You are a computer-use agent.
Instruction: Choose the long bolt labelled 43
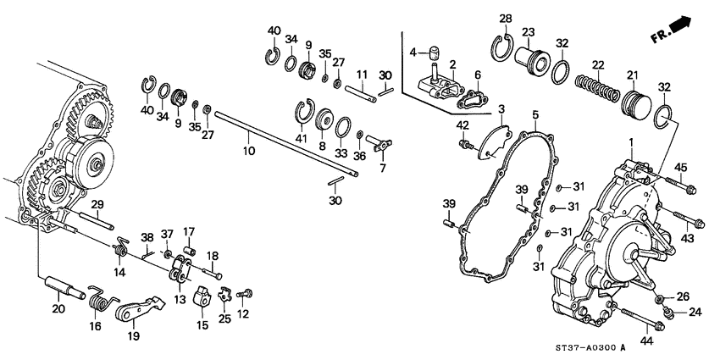[x=678, y=221]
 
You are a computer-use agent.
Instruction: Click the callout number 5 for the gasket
[x=534, y=114]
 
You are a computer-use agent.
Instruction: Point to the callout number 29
[x=97, y=205]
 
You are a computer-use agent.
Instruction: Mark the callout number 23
[x=529, y=32]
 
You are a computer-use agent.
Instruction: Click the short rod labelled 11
[x=360, y=88]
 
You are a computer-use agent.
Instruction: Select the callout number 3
[x=501, y=109]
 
